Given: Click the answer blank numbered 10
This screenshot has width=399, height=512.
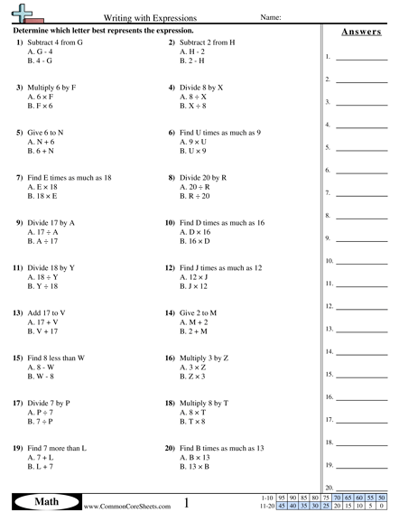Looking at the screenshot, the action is pos(361,263).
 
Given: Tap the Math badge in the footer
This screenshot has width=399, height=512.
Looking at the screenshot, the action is pos(42,501).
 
